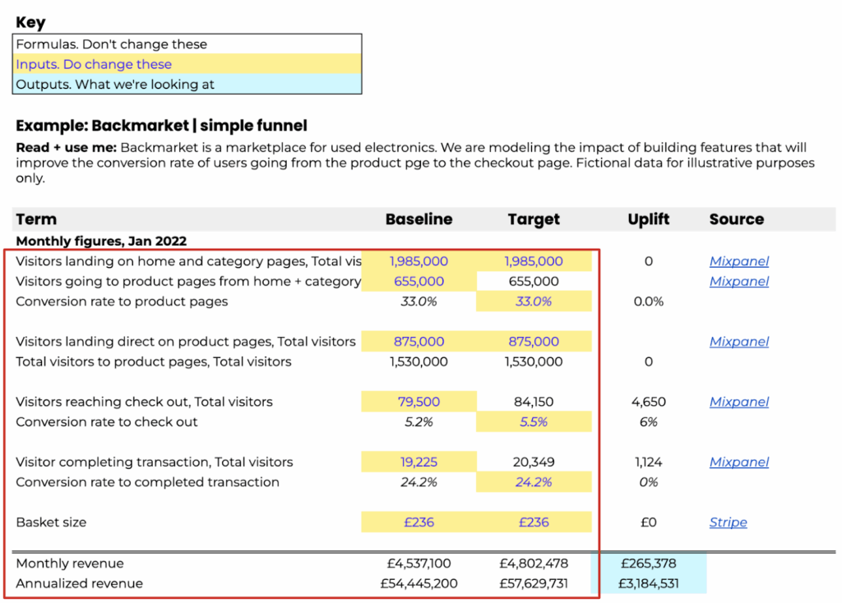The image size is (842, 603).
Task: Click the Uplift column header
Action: pyautogui.click(x=648, y=219)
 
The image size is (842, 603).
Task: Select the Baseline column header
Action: pyautogui.click(x=419, y=219)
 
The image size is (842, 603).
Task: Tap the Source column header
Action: pyautogui.click(x=736, y=219)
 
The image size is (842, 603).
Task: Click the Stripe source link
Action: pyautogui.click(x=728, y=522)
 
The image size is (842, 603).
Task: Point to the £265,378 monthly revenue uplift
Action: pyautogui.click(x=648, y=564)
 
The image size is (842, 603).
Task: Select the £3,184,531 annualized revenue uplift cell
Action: pyautogui.click(x=648, y=583)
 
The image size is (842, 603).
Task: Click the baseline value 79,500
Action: pyautogui.click(x=419, y=402)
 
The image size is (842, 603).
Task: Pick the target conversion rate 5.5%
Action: pyautogui.click(x=533, y=422)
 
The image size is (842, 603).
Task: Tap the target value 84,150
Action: pyautogui.click(x=533, y=402)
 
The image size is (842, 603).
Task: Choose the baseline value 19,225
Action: pyautogui.click(x=419, y=463)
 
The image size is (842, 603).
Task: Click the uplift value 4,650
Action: pyautogui.click(x=648, y=402)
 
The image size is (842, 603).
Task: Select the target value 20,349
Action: pyautogui.click(x=533, y=463)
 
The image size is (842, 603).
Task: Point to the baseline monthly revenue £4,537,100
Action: pyautogui.click(x=419, y=564)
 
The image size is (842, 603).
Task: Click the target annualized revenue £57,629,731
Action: pyautogui.click(x=533, y=583)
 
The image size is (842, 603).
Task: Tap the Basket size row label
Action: pyautogui.click(x=51, y=522)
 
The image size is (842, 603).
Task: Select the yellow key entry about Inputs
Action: pyautogui.click(x=94, y=64)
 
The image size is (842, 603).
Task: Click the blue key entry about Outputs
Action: pyautogui.click(x=115, y=85)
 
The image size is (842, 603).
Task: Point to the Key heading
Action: pyautogui.click(x=30, y=23)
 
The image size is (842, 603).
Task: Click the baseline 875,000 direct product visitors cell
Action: pyautogui.click(x=419, y=342)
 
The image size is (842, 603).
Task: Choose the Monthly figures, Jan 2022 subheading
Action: pyautogui.click(x=101, y=242)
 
